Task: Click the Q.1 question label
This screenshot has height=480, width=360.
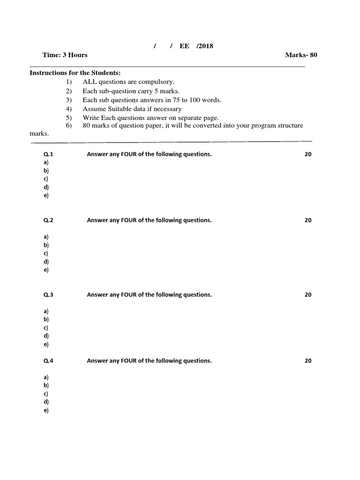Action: pyautogui.click(x=49, y=154)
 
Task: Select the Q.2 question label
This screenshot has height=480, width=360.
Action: pyautogui.click(x=49, y=220)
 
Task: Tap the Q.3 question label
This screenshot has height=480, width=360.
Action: pyautogui.click(x=49, y=295)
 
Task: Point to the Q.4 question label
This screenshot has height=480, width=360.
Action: pyautogui.click(x=49, y=361)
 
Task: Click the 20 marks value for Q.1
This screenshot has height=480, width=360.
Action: pyautogui.click(x=308, y=154)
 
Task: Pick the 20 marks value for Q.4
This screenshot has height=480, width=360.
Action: pyautogui.click(x=308, y=361)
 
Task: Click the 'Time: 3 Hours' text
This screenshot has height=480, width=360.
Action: pyautogui.click(x=65, y=55)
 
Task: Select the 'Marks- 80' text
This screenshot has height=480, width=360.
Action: pyautogui.click(x=301, y=55)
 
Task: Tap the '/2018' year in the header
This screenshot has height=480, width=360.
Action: pyautogui.click(x=205, y=46)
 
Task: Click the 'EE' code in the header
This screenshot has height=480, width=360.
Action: pyautogui.click(x=184, y=46)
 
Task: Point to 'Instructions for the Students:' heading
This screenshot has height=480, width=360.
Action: pyautogui.click(x=75, y=73)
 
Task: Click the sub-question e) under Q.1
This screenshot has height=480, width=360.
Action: pyautogui.click(x=46, y=195)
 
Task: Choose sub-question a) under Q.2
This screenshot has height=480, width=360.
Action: pyautogui.click(x=46, y=237)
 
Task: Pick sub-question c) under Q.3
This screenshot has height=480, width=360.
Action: pyautogui.click(x=46, y=328)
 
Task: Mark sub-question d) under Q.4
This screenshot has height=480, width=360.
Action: pyautogui.click(x=46, y=402)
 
